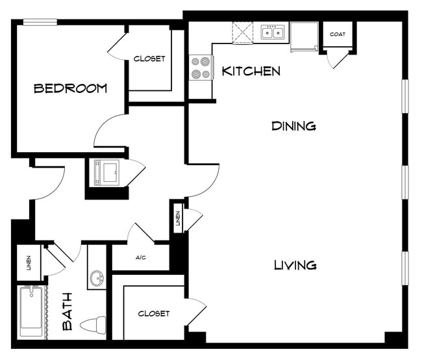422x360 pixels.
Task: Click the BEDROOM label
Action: [70, 88]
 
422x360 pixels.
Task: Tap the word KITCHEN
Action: [251, 71]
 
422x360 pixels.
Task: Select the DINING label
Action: [293, 126]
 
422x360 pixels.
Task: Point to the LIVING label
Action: [295, 265]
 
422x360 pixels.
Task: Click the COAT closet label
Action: [337, 34]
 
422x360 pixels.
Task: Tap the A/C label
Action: [140, 258]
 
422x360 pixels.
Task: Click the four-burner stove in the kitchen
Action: [201, 68]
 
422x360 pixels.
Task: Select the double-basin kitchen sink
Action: [273, 32]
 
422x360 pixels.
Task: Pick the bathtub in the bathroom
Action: [31, 311]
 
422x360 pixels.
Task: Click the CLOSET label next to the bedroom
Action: [149, 58]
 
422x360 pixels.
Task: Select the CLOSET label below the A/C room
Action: [154, 314]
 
